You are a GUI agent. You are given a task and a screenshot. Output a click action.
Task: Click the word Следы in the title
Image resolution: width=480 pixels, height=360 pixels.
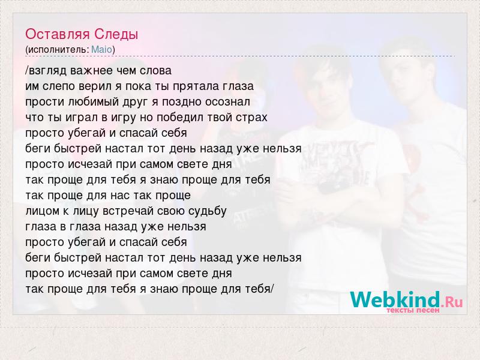click(x=116, y=35)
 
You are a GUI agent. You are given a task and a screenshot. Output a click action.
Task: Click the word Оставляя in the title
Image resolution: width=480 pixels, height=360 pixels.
click(x=58, y=35)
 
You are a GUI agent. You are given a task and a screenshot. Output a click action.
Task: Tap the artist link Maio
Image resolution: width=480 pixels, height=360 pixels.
click(x=101, y=50)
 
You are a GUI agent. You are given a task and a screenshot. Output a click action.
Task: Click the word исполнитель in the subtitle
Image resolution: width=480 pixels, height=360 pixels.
click(x=58, y=50)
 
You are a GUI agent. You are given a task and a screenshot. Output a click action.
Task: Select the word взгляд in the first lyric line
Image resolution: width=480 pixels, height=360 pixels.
click(x=47, y=71)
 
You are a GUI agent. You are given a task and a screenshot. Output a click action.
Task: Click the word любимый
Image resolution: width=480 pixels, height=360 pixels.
click(x=94, y=102)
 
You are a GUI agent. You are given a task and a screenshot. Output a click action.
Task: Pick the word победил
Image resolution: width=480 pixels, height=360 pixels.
click(x=178, y=117)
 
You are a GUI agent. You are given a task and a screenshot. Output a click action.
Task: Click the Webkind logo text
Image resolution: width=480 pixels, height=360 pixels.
click(x=395, y=299)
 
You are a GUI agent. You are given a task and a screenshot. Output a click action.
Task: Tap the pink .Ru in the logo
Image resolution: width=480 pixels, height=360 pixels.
click(x=452, y=302)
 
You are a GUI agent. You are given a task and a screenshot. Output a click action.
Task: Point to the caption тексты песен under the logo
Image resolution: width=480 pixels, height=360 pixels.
click(x=413, y=310)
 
